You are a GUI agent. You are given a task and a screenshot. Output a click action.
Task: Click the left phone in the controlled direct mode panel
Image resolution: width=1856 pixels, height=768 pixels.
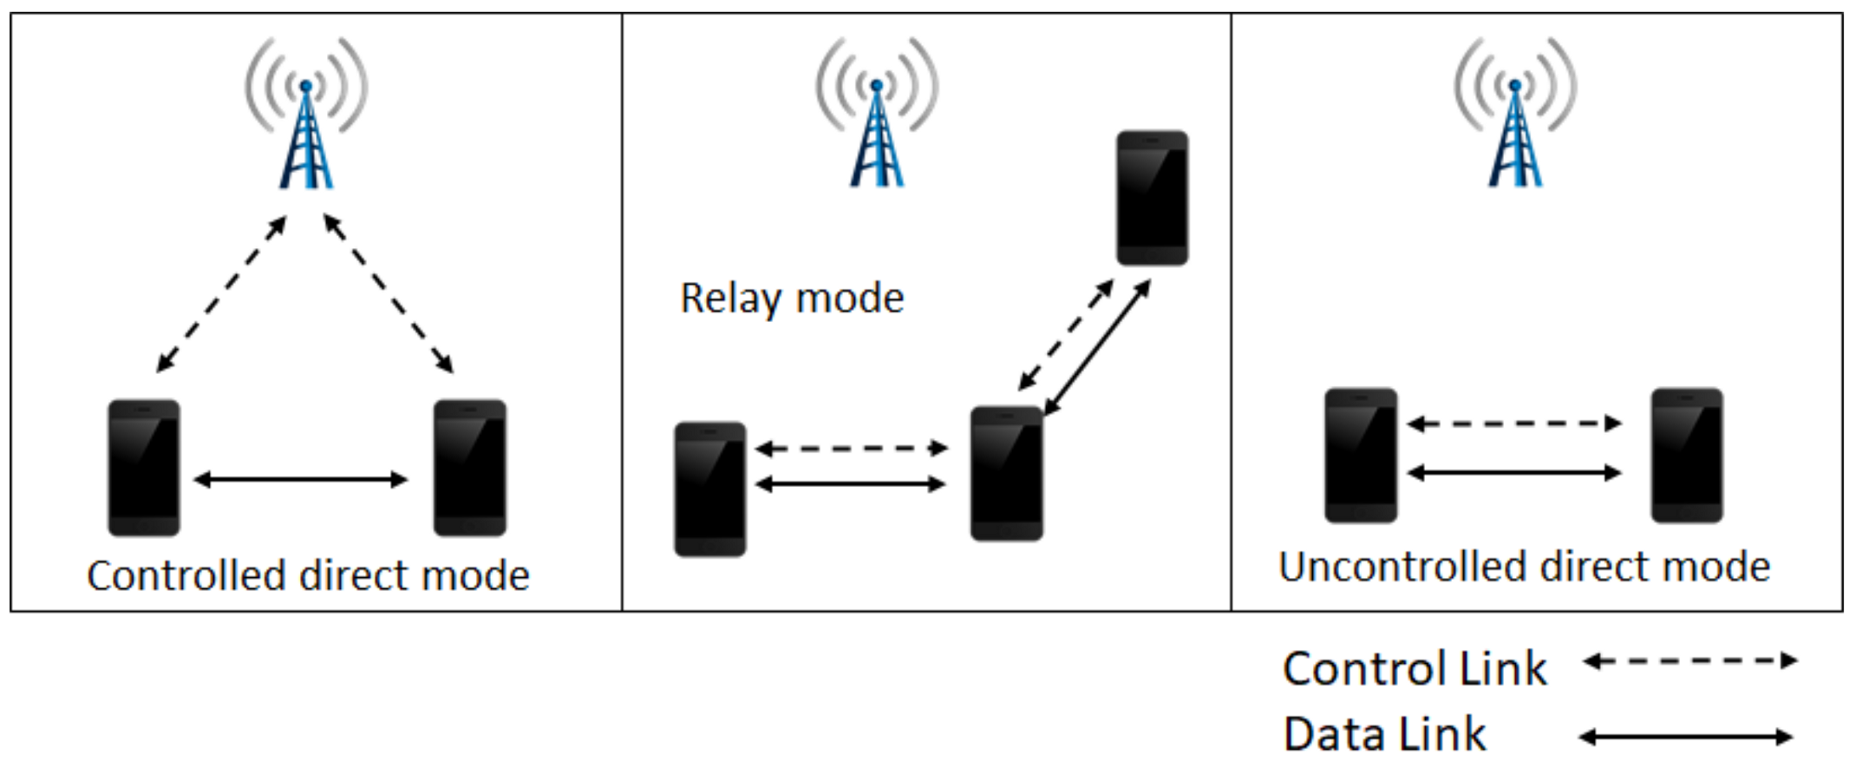point(144,467)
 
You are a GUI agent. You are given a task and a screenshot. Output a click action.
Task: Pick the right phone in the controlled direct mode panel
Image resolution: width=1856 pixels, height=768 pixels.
point(469,467)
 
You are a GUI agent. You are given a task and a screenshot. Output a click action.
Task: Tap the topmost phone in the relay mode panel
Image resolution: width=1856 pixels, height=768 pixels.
point(1152,198)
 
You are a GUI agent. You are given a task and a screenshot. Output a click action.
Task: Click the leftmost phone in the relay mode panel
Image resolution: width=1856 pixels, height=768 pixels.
point(709,489)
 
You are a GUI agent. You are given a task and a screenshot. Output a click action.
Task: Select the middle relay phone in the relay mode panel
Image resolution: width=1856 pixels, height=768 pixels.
point(1006,473)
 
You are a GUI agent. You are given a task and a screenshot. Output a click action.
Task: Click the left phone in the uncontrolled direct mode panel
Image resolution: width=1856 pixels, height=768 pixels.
point(1360,456)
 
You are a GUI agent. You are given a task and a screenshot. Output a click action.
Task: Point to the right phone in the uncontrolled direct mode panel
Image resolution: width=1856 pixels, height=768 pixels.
point(1686,456)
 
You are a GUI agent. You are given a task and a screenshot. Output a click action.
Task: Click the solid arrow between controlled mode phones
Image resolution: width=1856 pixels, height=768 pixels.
point(300,479)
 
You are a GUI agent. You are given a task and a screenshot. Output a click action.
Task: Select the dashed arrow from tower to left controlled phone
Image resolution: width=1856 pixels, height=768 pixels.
point(221,294)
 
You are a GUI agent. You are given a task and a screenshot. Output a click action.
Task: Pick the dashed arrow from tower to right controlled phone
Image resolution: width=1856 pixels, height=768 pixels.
point(389,294)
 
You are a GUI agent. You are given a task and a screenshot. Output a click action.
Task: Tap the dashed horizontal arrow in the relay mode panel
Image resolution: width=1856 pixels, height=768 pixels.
point(851,449)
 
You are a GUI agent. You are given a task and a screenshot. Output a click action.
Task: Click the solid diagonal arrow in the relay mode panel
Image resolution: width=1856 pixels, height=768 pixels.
point(1098,346)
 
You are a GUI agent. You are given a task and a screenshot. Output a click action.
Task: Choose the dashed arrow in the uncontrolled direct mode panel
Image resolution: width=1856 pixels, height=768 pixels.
point(1513,423)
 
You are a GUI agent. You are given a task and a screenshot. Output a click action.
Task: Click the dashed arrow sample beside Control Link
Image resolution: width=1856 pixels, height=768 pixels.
point(1689,661)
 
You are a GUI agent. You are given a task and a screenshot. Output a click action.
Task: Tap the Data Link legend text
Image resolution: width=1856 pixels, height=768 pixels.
point(1384,734)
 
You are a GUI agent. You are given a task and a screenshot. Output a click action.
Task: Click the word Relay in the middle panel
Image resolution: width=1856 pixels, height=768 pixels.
point(730,299)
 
